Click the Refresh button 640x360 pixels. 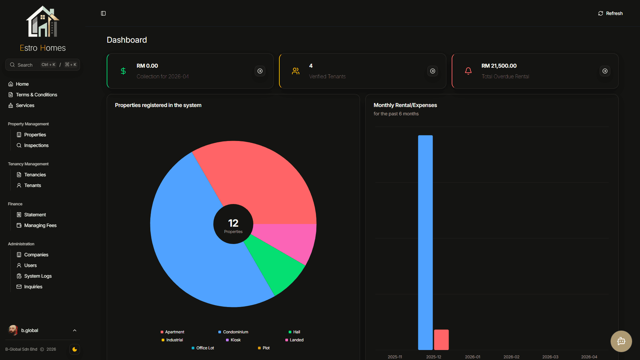click(610, 13)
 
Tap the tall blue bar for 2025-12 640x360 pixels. click(425, 242)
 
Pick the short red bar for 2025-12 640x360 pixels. click(441, 340)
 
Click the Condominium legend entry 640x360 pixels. click(233, 332)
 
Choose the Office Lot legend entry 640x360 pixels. click(203, 348)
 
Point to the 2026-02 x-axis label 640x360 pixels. click(511, 357)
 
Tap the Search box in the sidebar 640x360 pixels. click(43, 65)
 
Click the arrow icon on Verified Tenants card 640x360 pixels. click(433, 71)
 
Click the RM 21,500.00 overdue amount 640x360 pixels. click(499, 66)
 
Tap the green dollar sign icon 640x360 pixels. click(123, 71)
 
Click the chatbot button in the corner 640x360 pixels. click(621, 341)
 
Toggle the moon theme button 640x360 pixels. click(75, 349)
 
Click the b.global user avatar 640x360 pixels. click(13, 330)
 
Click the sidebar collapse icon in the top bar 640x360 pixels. click(103, 13)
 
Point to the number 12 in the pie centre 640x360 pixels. click(233, 223)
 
